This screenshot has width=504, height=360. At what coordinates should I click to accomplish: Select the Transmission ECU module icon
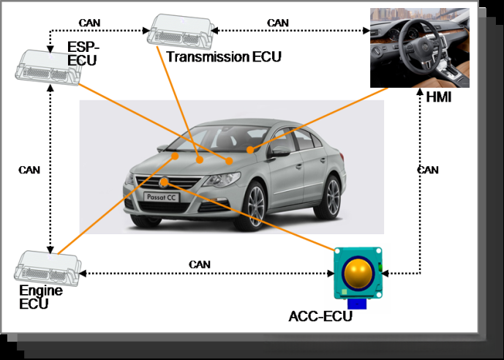tap(181, 31)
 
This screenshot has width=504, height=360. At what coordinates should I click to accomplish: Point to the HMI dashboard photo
tap(419, 47)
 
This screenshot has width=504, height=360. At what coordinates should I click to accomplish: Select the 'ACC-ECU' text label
tap(321, 316)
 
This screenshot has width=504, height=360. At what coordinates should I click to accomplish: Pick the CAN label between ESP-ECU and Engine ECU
tap(29, 170)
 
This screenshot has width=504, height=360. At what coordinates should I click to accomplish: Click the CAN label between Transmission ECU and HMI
tap(278, 23)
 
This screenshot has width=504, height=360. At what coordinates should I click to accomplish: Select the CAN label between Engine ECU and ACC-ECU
tap(200, 263)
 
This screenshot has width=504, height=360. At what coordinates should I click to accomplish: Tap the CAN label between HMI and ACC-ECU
tap(428, 170)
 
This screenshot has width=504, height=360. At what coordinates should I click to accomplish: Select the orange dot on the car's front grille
tap(166, 181)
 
